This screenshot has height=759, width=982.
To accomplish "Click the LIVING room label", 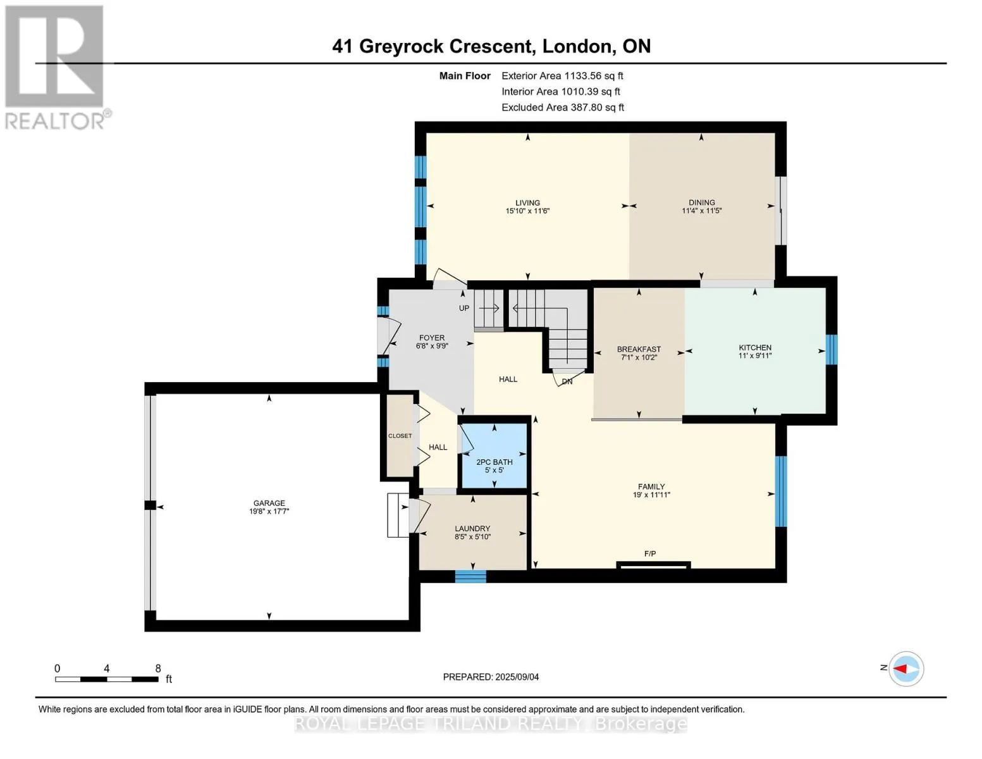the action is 527,202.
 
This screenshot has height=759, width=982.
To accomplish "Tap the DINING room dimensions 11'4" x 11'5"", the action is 701,211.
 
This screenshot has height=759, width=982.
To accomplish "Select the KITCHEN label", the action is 755,347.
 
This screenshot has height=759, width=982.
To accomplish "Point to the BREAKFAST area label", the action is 639,349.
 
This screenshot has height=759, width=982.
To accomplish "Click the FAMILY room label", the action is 651,486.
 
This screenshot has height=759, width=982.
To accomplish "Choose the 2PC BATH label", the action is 494,462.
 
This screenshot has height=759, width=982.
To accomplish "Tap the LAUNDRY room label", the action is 472,528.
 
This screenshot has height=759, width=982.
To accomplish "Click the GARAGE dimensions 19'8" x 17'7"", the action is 269,511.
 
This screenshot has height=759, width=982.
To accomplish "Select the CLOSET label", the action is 400,436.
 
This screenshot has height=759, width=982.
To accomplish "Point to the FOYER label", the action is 432,338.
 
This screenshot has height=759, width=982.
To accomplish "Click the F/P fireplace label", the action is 650,553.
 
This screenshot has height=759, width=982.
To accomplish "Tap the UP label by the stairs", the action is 464,308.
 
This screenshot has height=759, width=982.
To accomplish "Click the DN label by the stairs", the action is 567,381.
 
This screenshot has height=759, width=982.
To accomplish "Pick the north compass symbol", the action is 905,669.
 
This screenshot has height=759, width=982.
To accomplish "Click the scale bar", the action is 107,679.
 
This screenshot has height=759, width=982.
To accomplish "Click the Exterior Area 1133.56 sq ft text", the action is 562,76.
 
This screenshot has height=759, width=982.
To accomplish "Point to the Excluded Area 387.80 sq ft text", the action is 563,108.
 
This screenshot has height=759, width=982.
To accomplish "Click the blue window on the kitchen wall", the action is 831,349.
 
